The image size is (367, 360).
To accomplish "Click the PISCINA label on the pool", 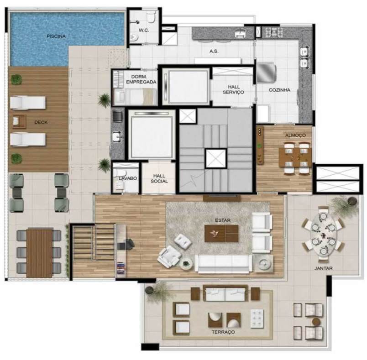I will [x=56, y=36].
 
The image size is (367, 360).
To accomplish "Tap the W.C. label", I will [x=144, y=31].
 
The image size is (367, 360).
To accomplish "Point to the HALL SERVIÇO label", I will [x=233, y=89].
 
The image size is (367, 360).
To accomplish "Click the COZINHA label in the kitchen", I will [x=279, y=90].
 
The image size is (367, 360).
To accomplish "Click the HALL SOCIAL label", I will [x=159, y=178].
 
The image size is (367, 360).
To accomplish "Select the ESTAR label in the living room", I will [x=223, y=220].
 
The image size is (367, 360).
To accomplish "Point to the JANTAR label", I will [x=323, y=268].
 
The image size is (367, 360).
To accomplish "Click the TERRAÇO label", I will [x=223, y=332].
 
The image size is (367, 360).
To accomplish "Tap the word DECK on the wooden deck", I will [x=41, y=122].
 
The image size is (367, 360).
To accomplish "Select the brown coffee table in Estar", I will [x=221, y=234].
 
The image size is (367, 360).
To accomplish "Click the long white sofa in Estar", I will [x=223, y=263].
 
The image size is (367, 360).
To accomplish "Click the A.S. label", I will [x=214, y=52].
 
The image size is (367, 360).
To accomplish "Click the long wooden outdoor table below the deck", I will [x=39, y=253].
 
